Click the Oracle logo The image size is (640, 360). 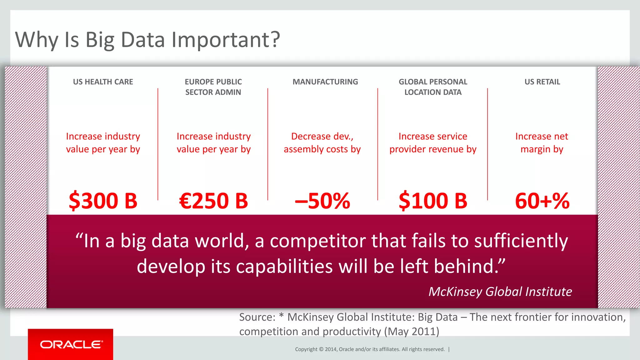(71, 344)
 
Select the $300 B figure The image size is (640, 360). (103, 201)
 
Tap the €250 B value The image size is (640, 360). (213, 201)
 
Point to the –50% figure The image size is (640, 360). (322, 201)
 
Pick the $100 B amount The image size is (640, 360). (433, 201)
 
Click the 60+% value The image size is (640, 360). (542, 201)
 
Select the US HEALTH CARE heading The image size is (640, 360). (103, 82)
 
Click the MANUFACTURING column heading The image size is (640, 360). (325, 82)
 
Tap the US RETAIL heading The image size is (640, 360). (542, 82)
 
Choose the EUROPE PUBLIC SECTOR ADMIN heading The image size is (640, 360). (213, 87)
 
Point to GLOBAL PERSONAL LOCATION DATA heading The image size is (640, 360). (433, 87)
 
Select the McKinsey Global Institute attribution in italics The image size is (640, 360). (500, 292)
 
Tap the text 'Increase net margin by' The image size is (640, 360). (542, 143)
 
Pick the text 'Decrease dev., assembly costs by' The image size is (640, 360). (322, 143)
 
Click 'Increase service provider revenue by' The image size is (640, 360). (433, 143)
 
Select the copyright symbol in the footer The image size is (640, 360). (321, 349)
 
